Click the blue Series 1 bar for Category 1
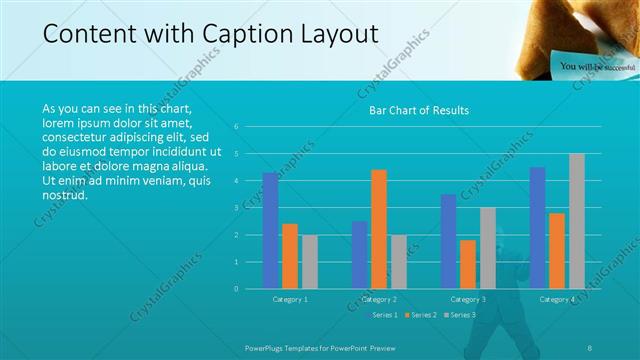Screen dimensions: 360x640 [270, 231]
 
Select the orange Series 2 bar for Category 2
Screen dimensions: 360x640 [379, 229]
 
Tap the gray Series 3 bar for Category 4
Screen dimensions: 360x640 [577, 221]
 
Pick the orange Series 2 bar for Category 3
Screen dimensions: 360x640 [468, 264]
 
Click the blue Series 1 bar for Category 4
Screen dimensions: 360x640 [538, 228]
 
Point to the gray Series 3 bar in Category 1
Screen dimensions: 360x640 [309, 262]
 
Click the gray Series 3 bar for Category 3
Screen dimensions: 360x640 [487, 248]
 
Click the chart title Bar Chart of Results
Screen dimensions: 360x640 [412, 110]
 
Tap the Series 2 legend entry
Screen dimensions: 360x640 [421, 315]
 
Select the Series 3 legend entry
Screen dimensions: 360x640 [459, 315]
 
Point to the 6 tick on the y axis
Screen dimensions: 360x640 [236, 127]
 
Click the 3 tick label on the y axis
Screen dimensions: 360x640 [236, 208]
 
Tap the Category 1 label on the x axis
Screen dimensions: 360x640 [290, 299]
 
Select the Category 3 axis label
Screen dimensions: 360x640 [468, 299]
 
